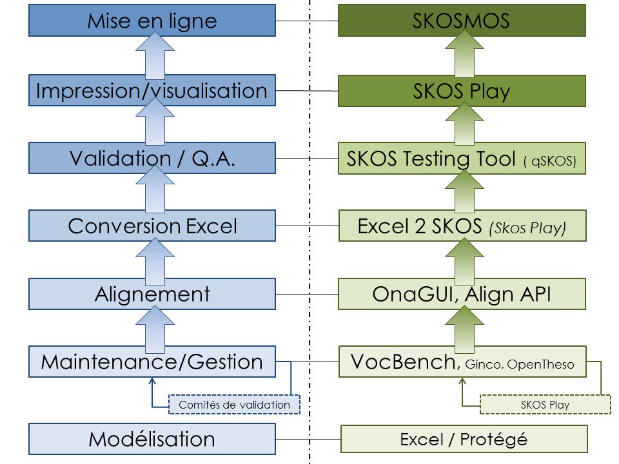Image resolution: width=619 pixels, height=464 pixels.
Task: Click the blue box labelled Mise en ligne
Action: [x=152, y=21]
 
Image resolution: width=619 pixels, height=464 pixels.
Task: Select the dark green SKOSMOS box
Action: [x=462, y=21]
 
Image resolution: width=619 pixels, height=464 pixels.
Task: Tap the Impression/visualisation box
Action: [x=152, y=91]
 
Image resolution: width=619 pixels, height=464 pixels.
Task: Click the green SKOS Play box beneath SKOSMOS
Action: [x=462, y=91]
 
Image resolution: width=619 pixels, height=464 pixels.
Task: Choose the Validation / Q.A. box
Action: [x=152, y=159]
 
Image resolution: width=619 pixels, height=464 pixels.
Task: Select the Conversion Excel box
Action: [x=152, y=226]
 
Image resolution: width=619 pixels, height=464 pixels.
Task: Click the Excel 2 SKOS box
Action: [x=462, y=226]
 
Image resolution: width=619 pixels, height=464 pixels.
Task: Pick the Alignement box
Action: [x=152, y=294]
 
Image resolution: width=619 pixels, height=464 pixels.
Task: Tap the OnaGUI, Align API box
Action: [x=462, y=294]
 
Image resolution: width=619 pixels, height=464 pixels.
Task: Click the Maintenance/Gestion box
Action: [x=152, y=362]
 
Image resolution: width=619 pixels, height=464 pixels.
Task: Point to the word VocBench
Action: [x=403, y=362]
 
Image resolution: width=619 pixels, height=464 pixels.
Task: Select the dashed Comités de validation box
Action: [x=235, y=404]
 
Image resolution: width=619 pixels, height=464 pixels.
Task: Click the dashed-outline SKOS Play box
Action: [x=545, y=404]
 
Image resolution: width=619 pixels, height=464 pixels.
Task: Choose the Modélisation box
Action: [x=152, y=439]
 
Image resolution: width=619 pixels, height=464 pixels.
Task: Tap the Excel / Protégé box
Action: [x=464, y=439]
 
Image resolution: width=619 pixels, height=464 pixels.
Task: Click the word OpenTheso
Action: [x=540, y=364]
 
